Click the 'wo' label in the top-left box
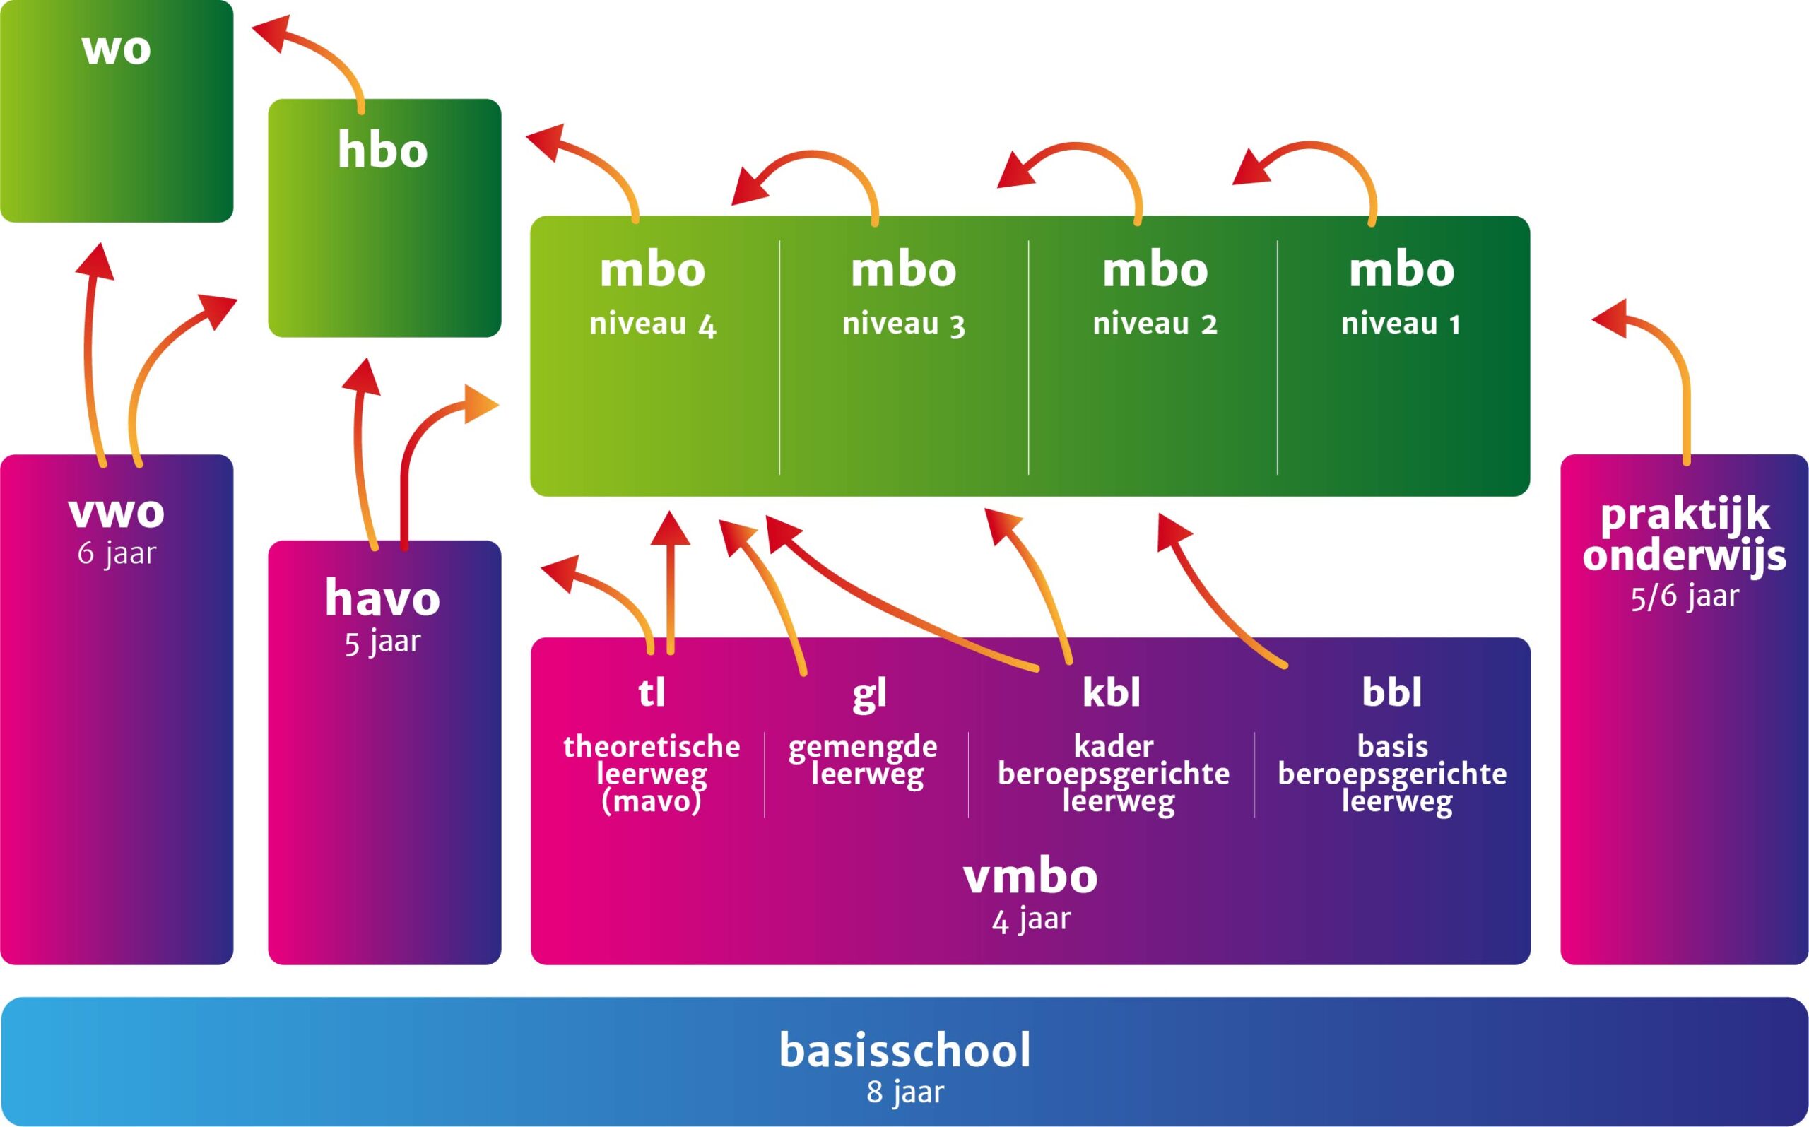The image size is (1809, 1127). (x=117, y=49)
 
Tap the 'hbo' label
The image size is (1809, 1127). (x=382, y=151)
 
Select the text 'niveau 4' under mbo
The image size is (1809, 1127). (x=652, y=325)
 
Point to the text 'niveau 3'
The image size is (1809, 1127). (x=903, y=325)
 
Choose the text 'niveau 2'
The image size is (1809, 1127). (x=1155, y=324)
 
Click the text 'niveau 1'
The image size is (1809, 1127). (x=1401, y=324)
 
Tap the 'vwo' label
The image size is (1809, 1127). (x=117, y=512)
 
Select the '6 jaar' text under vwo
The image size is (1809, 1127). (x=117, y=555)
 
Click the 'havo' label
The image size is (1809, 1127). (x=382, y=598)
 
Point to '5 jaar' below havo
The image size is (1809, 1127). (x=382, y=642)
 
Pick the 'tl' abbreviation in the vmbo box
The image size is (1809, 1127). (x=652, y=693)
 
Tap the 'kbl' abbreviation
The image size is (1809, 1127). (x=1112, y=693)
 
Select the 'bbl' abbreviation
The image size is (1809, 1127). (x=1391, y=693)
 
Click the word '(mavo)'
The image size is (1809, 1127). (x=652, y=802)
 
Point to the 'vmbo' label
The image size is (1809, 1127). (x=1030, y=878)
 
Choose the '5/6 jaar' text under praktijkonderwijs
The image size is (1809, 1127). (x=1685, y=597)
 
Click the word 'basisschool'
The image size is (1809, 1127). (x=905, y=1051)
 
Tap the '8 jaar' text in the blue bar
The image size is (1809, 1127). (x=905, y=1092)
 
